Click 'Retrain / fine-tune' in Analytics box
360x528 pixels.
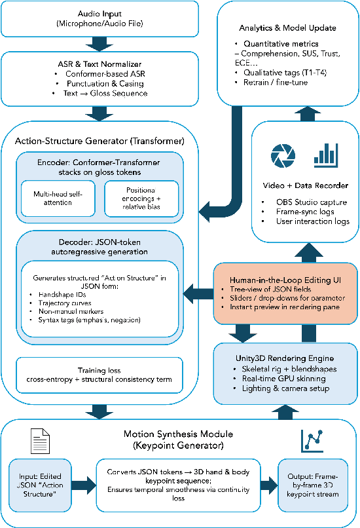[271, 83]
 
